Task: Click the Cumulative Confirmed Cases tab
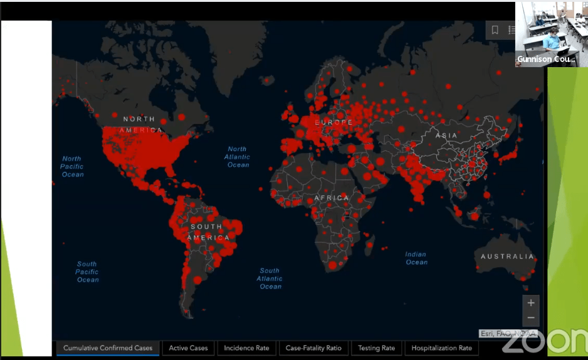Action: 108,348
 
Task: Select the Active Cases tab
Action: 188,348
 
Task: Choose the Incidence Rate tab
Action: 246,348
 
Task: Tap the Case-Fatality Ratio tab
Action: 313,348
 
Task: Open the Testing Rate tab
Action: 376,348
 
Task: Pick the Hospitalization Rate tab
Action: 441,348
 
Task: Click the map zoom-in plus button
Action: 531,303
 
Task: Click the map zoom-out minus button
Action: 531,318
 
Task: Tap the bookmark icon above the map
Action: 495,30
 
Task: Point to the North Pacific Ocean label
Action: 72,166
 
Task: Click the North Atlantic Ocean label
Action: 238,157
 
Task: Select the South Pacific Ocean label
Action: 87,272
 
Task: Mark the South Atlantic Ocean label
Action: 270,278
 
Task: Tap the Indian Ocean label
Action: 416,258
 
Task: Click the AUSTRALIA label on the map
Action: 507,257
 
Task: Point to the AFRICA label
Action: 332,198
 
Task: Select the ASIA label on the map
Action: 447,135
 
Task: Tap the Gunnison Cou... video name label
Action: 546,60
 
